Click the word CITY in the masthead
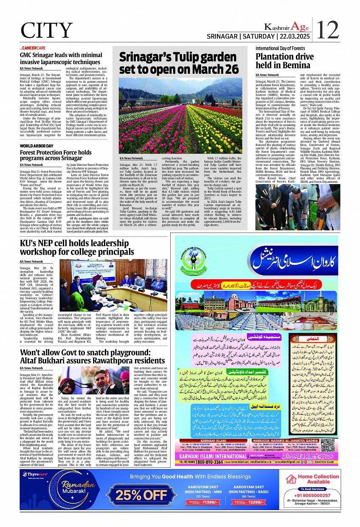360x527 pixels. pyautogui.click(x=47, y=31)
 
